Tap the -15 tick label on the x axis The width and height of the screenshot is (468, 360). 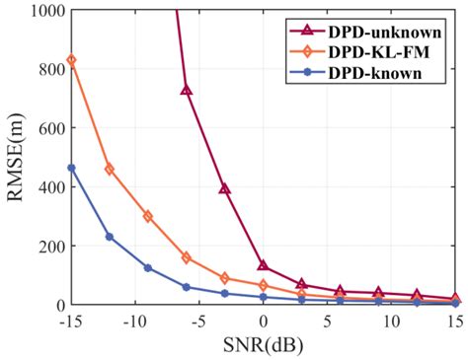(70, 322)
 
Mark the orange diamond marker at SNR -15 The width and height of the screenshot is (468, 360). (71, 61)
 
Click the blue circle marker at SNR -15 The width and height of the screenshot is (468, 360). (71, 168)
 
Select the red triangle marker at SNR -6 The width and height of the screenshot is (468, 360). (187, 91)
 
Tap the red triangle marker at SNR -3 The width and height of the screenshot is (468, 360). (225, 188)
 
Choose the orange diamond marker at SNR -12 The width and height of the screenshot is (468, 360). (110, 170)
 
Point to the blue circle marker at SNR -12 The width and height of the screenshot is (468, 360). (110, 237)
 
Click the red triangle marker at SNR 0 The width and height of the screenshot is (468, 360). (264, 266)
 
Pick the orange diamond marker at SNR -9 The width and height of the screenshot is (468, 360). (148, 216)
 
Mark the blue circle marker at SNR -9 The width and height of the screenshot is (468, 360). (148, 268)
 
